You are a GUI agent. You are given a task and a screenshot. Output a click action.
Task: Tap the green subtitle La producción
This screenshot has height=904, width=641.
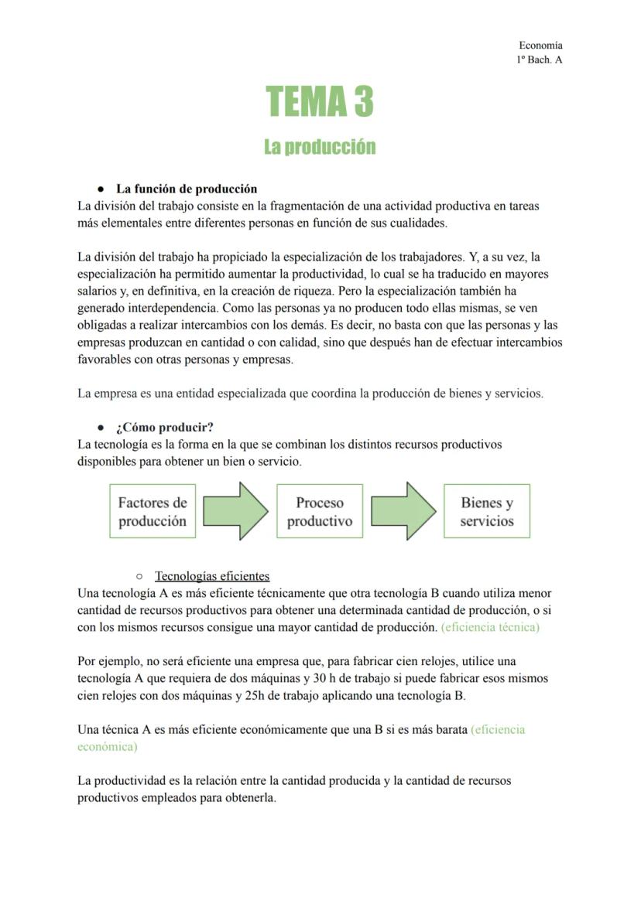tap(320, 147)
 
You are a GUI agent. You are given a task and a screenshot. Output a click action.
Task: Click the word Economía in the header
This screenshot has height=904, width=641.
tap(540, 46)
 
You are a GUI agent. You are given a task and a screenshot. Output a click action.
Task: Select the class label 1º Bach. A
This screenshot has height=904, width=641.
tap(539, 60)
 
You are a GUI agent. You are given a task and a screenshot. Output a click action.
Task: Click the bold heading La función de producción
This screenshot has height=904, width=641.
tap(186, 189)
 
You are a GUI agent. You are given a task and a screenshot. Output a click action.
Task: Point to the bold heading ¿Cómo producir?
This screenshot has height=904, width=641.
tap(164, 427)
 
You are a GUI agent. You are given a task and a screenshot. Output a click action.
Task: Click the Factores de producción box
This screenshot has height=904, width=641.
tap(153, 511)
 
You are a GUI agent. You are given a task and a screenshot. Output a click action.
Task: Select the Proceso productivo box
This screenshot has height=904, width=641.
tap(320, 511)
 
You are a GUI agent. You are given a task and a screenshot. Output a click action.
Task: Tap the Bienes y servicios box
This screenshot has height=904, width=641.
tap(487, 511)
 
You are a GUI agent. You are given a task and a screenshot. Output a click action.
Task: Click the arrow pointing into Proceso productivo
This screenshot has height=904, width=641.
tap(236, 511)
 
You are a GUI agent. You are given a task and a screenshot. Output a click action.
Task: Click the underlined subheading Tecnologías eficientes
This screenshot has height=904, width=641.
tap(212, 576)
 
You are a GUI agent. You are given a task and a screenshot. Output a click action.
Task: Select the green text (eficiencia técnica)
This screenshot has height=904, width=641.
tap(490, 627)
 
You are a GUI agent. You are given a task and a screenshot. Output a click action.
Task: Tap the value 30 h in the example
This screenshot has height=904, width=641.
tap(326, 678)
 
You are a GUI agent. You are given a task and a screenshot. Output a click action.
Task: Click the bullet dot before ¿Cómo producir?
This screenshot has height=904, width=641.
tap(101, 428)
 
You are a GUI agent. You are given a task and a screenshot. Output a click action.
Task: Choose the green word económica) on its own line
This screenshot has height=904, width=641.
tap(108, 746)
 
